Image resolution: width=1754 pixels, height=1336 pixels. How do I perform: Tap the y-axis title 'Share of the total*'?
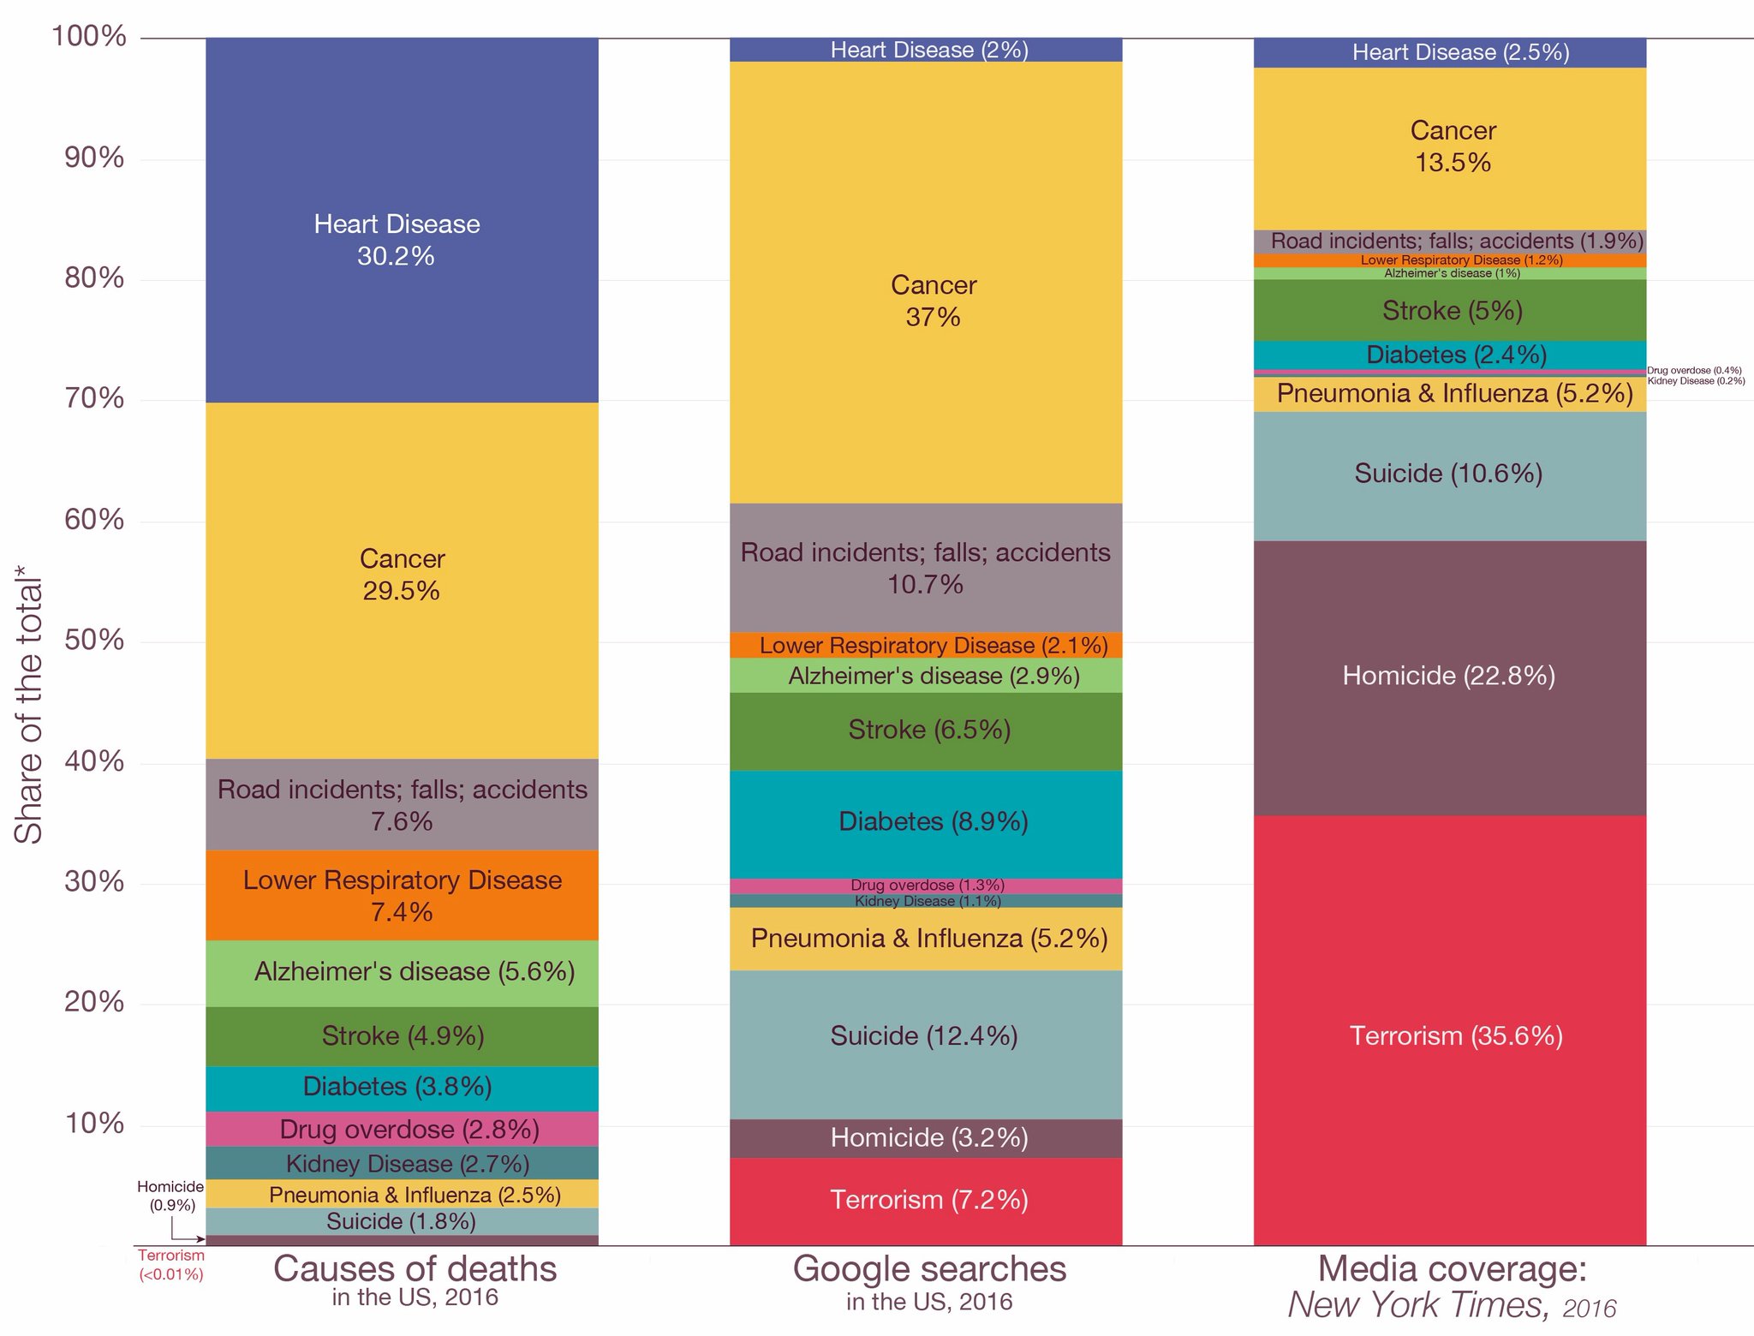point(28,711)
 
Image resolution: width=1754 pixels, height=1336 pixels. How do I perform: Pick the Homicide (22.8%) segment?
point(1449,677)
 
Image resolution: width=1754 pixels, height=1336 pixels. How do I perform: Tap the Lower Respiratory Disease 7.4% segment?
point(401,896)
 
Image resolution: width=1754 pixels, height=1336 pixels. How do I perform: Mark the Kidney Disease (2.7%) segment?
point(401,1163)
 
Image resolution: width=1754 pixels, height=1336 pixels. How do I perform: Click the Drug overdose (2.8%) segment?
point(401,1129)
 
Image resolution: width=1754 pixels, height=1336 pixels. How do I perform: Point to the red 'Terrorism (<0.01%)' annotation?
point(171,1265)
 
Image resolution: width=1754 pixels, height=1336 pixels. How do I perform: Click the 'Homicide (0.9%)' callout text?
point(170,1196)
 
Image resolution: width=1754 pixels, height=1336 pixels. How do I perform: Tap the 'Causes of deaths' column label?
point(415,1269)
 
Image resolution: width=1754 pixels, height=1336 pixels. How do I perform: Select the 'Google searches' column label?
point(929,1269)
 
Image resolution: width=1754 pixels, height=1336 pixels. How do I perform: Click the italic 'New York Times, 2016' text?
point(1452,1305)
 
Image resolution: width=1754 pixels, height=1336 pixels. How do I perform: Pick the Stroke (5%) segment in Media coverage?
point(1449,310)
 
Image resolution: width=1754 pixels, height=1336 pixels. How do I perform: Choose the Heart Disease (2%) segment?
point(925,50)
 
